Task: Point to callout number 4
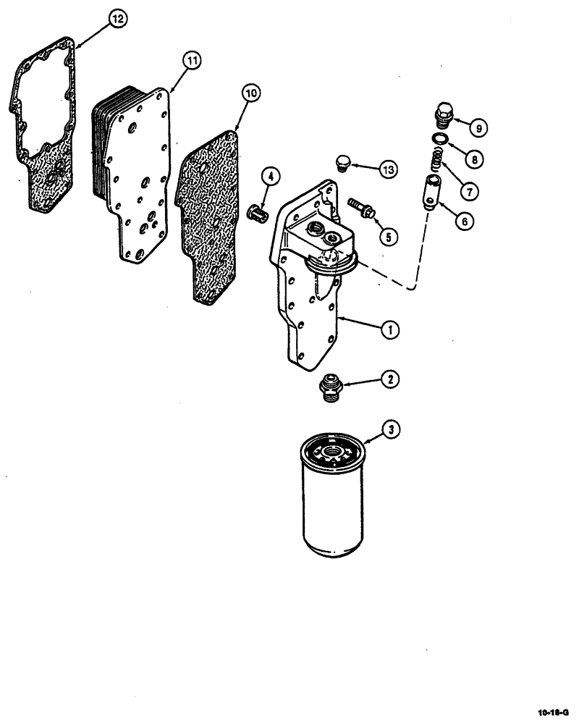point(269,176)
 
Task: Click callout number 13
point(388,170)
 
